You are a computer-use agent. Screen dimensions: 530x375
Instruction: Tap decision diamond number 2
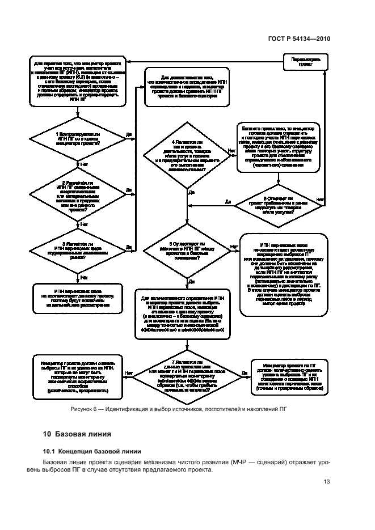(77, 193)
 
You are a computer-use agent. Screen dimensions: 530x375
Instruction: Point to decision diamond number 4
(187, 155)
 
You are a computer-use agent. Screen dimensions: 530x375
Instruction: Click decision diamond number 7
(187, 375)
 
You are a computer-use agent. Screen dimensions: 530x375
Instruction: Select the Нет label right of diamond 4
(231, 151)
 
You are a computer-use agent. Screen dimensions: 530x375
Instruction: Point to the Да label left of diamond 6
(227, 201)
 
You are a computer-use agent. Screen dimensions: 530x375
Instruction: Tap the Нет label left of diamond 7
(129, 372)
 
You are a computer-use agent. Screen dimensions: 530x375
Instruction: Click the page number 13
(327, 482)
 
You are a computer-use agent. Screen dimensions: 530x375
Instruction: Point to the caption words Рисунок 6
(83, 409)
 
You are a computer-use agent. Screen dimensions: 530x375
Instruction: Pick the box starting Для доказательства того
(187, 86)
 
